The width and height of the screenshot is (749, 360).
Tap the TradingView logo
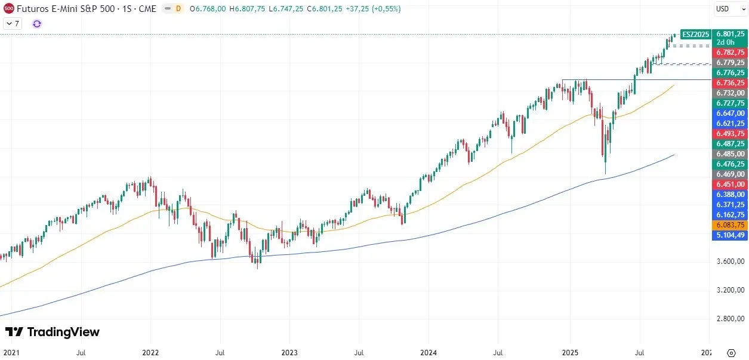tap(53, 332)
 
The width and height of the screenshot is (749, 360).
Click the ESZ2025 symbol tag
tap(696, 35)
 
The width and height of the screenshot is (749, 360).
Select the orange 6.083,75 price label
tap(731, 225)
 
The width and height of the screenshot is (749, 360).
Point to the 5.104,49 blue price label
tap(731, 235)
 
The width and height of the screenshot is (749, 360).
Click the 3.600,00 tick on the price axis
tap(730, 261)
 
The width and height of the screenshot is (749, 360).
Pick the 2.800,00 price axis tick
tap(730, 319)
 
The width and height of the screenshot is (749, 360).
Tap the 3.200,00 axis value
tap(730, 290)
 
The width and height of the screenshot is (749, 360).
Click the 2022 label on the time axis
tap(150, 353)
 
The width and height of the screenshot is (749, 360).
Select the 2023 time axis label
tap(289, 353)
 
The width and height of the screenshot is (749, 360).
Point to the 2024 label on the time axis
tap(429, 353)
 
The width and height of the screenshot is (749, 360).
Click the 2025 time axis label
tap(569, 353)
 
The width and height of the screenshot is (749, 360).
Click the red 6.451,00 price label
tap(731, 184)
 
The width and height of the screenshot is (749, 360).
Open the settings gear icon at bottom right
tap(731, 352)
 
